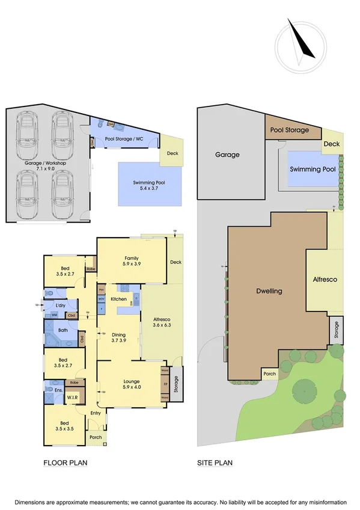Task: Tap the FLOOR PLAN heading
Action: (x=66, y=463)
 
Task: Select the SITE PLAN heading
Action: (x=215, y=463)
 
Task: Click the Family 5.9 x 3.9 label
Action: (x=132, y=261)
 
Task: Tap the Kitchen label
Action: (x=118, y=299)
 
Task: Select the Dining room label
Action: (x=118, y=338)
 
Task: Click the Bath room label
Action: (x=63, y=330)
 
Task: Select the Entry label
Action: (x=96, y=413)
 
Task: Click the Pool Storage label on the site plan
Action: (x=290, y=130)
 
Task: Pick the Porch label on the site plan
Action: (x=269, y=373)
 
